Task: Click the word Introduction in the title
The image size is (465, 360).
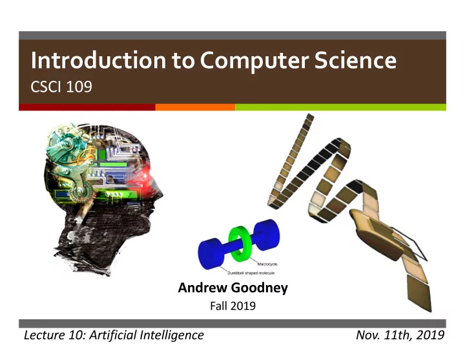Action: [98, 60]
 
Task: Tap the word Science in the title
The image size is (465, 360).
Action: [355, 60]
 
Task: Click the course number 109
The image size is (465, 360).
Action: [79, 87]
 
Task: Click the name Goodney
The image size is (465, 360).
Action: [259, 288]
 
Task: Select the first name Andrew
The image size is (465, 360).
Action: [203, 288]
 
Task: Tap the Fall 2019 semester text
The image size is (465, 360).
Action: [232, 306]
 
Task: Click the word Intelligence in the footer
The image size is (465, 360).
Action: [172, 335]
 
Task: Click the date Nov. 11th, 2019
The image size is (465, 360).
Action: [400, 335]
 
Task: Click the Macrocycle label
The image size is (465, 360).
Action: [267, 264]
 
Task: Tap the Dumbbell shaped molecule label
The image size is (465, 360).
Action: [251, 273]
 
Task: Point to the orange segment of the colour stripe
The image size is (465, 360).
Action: [195, 107]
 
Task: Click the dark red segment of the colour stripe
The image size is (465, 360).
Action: [87, 107]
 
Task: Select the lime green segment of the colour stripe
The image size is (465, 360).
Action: [340, 107]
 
